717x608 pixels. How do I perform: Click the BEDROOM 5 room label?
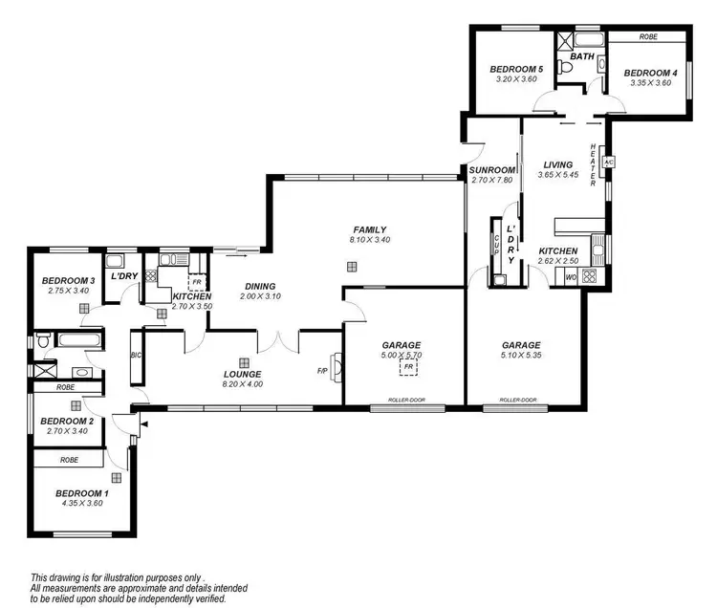pos(516,69)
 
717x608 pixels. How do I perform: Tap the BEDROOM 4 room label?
pos(651,73)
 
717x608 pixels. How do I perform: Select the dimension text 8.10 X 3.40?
pos(369,240)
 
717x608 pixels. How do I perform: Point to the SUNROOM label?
pos(492,170)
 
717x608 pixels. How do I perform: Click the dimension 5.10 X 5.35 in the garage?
pos(522,357)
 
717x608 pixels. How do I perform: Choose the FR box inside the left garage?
pos(408,366)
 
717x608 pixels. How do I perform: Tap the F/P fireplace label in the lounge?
pos(323,371)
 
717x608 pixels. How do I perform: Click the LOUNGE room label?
pos(244,374)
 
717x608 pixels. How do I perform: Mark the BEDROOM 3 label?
pos(66,280)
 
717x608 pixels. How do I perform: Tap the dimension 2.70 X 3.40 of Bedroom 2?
pos(67,431)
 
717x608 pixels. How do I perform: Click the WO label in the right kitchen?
pos(571,277)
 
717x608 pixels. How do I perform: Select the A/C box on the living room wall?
pos(608,162)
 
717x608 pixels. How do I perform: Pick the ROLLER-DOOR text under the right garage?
pos(516,401)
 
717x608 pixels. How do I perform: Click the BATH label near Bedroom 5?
pos(582,57)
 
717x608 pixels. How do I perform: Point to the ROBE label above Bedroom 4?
pos(649,37)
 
